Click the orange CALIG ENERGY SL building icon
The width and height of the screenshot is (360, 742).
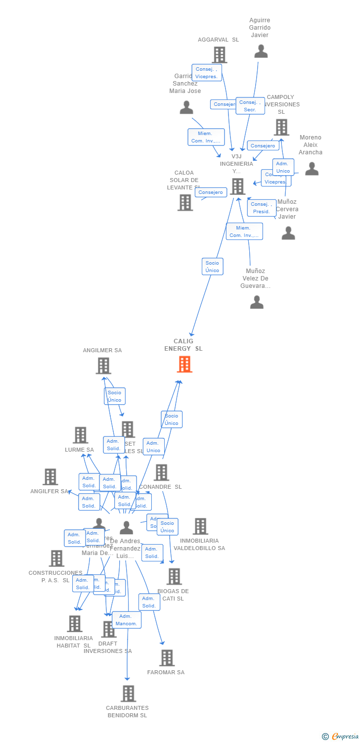(x=184, y=364)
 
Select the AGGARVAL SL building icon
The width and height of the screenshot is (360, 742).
(x=220, y=54)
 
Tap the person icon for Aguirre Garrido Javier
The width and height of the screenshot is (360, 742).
(x=261, y=51)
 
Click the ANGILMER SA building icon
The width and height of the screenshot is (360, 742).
(x=103, y=366)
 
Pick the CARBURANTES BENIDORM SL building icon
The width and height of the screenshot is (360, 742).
(x=128, y=694)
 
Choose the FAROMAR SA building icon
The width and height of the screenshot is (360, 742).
(x=167, y=658)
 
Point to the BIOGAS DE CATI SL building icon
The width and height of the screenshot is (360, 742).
(x=174, y=576)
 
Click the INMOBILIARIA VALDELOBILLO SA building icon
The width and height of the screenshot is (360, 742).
(x=200, y=526)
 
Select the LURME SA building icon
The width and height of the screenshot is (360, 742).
(x=80, y=435)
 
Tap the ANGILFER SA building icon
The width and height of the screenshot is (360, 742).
(x=50, y=477)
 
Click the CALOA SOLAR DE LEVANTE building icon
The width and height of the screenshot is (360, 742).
(x=185, y=202)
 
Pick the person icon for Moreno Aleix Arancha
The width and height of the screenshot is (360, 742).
(x=312, y=169)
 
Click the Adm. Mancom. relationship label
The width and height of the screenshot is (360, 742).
(x=127, y=620)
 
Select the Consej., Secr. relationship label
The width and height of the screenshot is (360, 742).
(x=250, y=106)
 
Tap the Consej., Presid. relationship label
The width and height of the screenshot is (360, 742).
(x=262, y=208)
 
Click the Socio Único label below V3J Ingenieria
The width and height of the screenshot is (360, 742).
(x=212, y=267)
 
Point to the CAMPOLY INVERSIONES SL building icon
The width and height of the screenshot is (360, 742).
(x=281, y=127)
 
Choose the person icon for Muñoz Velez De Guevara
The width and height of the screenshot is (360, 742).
(x=257, y=302)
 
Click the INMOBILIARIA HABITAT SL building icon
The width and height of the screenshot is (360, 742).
(x=75, y=624)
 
